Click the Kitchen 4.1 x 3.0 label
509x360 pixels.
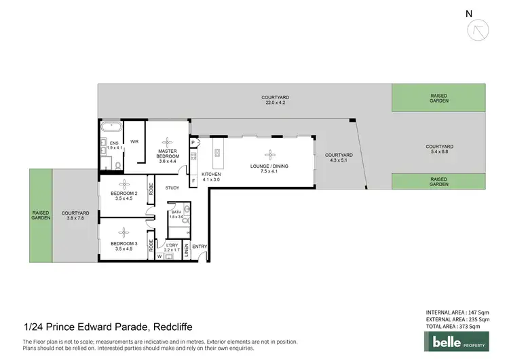(x=211, y=177)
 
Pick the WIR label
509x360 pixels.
(x=134, y=142)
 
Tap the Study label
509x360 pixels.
(x=172, y=187)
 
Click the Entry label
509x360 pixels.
(x=200, y=246)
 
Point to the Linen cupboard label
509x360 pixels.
(x=186, y=252)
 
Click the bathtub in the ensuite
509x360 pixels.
(x=109, y=127)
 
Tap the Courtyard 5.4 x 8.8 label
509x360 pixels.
(x=439, y=149)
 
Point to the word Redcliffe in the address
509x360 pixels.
(x=176, y=327)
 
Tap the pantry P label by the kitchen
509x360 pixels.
(x=193, y=143)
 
